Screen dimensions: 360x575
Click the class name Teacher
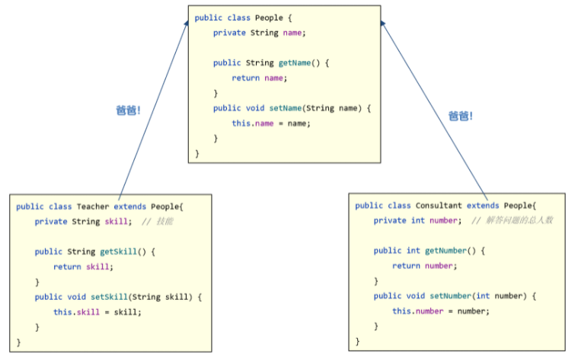(x=93, y=206)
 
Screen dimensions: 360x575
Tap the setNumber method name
(x=452, y=296)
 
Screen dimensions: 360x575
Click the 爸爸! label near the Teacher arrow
(x=128, y=110)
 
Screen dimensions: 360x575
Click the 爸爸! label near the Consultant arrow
(x=460, y=116)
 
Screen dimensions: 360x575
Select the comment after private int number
(x=512, y=221)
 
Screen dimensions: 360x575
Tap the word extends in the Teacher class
(x=130, y=206)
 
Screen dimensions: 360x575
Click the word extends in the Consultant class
(x=483, y=205)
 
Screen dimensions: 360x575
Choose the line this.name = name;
(x=271, y=123)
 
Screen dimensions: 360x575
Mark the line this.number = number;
(x=440, y=311)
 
